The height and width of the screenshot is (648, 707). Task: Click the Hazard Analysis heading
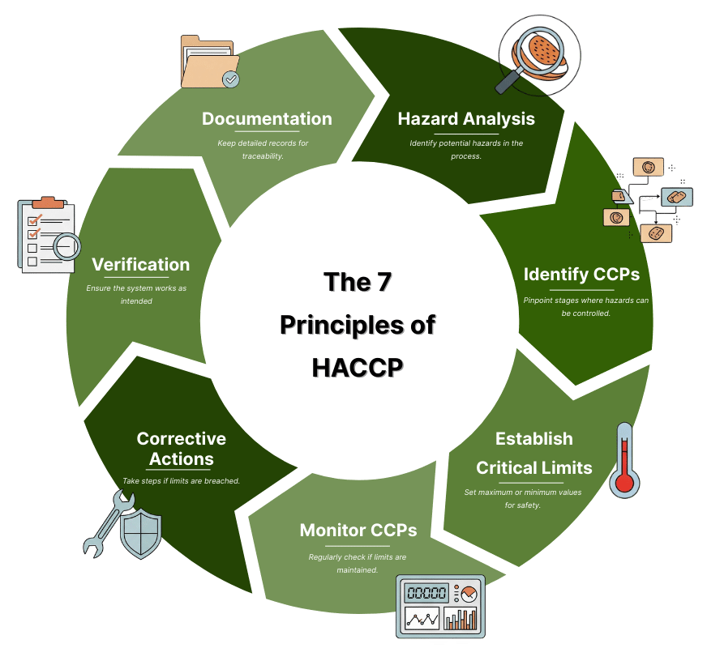pyautogui.click(x=465, y=119)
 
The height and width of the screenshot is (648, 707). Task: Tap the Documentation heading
pyautogui.click(x=267, y=119)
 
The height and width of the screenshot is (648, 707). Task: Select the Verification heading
pyautogui.click(x=140, y=265)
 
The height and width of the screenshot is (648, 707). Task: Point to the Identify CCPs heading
pyautogui.click(x=581, y=275)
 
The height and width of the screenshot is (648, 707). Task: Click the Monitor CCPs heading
pyautogui.click(x=358, y=531)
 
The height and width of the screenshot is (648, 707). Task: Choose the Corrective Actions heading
pyautogui.click(x=181, y=449)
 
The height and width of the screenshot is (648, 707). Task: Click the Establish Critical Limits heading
pyautogui.click(x=534, y=454)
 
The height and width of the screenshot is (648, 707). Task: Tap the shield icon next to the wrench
pyautogui.click(x=141, y=531)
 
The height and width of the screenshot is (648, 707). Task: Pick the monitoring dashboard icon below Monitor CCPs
pyautogui.click(x=439, y=606)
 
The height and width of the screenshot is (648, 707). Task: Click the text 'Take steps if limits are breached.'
pyautogui.click(x=181, y=480)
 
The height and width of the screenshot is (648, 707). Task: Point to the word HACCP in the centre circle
pyautogui.click(x=358, y=366)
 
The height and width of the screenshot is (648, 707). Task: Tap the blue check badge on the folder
pyautogui.click(x=231, y=79)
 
